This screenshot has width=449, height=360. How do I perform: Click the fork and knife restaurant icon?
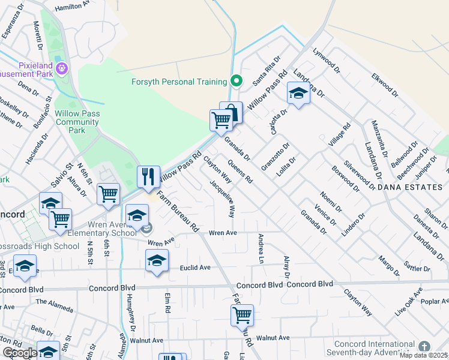pyautogui.click(x=148, y=176)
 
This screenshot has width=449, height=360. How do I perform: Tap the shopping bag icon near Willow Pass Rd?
pyautogui.click(x=231, y=112)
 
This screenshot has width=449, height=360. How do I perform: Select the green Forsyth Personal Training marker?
pyautogui.click(x=237, y=81)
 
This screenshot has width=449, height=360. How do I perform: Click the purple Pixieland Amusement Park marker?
pyautogui.click(x=62, y=69)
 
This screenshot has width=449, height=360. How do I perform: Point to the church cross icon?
pyautogui.click(x=424, y=347)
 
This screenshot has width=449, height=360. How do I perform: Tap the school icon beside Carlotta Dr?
pyautogui.click(x=298, y=92)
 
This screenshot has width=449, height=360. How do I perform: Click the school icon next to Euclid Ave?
pyautogui.click(x=157, y=260)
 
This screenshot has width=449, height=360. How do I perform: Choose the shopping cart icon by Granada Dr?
pyautogui.click(x=221, y=120)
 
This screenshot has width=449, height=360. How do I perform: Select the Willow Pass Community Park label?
pyautogui.click(x=77, y=122)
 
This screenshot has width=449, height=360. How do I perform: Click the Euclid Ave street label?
pyautogui.click(x=196, y=268)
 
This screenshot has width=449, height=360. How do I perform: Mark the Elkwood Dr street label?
pyautogui.click(x=384, y=85)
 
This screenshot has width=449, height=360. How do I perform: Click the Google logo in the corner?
pyautogui.click(x=19, y=353)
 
